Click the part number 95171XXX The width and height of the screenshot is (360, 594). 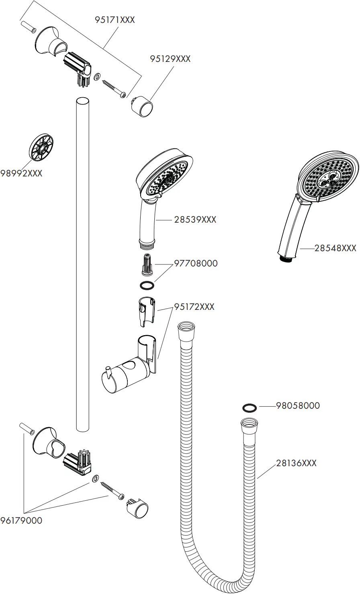click(115, 19)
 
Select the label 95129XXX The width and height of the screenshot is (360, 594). click(170, 59)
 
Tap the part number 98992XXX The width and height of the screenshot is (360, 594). click(21, 173)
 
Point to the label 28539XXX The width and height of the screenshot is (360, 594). click(195, 220)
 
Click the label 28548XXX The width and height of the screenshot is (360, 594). click(335, 248)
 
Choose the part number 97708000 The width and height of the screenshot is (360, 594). click(196, 263)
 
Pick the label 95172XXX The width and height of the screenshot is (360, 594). click(194, 307)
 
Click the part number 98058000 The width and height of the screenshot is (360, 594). click(298, 406)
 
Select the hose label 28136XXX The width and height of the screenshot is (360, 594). click(296, 463)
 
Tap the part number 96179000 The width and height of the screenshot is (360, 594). click(21, 520)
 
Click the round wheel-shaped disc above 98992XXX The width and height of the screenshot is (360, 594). click(41, 147)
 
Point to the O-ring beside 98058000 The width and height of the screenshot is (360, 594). click(250, 408)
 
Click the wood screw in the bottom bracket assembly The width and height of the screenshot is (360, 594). click(112, 491)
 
